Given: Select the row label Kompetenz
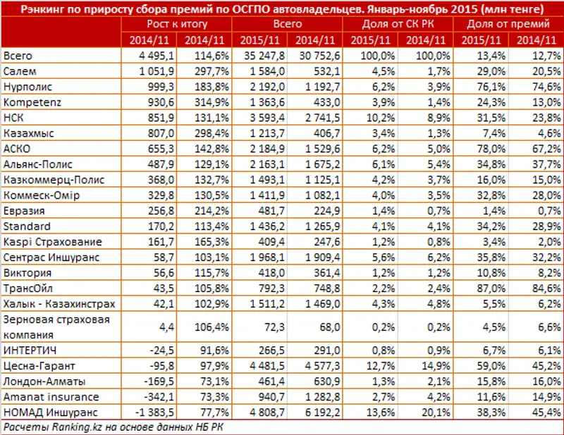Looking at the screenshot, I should [x=27, y=103].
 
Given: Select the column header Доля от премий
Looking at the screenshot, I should [x=510, y=24].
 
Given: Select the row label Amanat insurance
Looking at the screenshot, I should [x=42, y=397].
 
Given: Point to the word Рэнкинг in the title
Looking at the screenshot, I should [x=41, y=8].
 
